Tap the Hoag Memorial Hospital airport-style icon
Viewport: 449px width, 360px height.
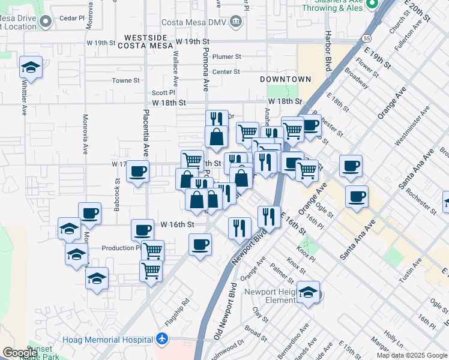[x=161, y=339]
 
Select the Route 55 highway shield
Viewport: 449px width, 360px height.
[x=366, y=38]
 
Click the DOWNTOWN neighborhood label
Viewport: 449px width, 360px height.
[x=286, y=79]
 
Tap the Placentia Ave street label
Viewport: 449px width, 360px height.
[x=145, y=133]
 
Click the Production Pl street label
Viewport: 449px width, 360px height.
[x=121, y=248]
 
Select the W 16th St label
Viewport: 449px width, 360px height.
[x=178, y=224]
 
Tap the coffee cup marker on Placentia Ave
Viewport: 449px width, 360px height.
[x=138, y=172]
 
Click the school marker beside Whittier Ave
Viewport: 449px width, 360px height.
[x=31, y=68]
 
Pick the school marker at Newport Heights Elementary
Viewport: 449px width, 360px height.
[x=308, y=293]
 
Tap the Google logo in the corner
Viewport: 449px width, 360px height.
[x=20, y=352]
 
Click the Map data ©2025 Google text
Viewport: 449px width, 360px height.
[x=412, y=356]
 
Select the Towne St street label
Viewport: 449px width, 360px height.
[x=125, y=80]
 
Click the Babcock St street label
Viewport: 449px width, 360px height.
[x=116, y=194]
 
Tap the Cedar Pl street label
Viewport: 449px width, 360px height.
[x=72, y=19]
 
